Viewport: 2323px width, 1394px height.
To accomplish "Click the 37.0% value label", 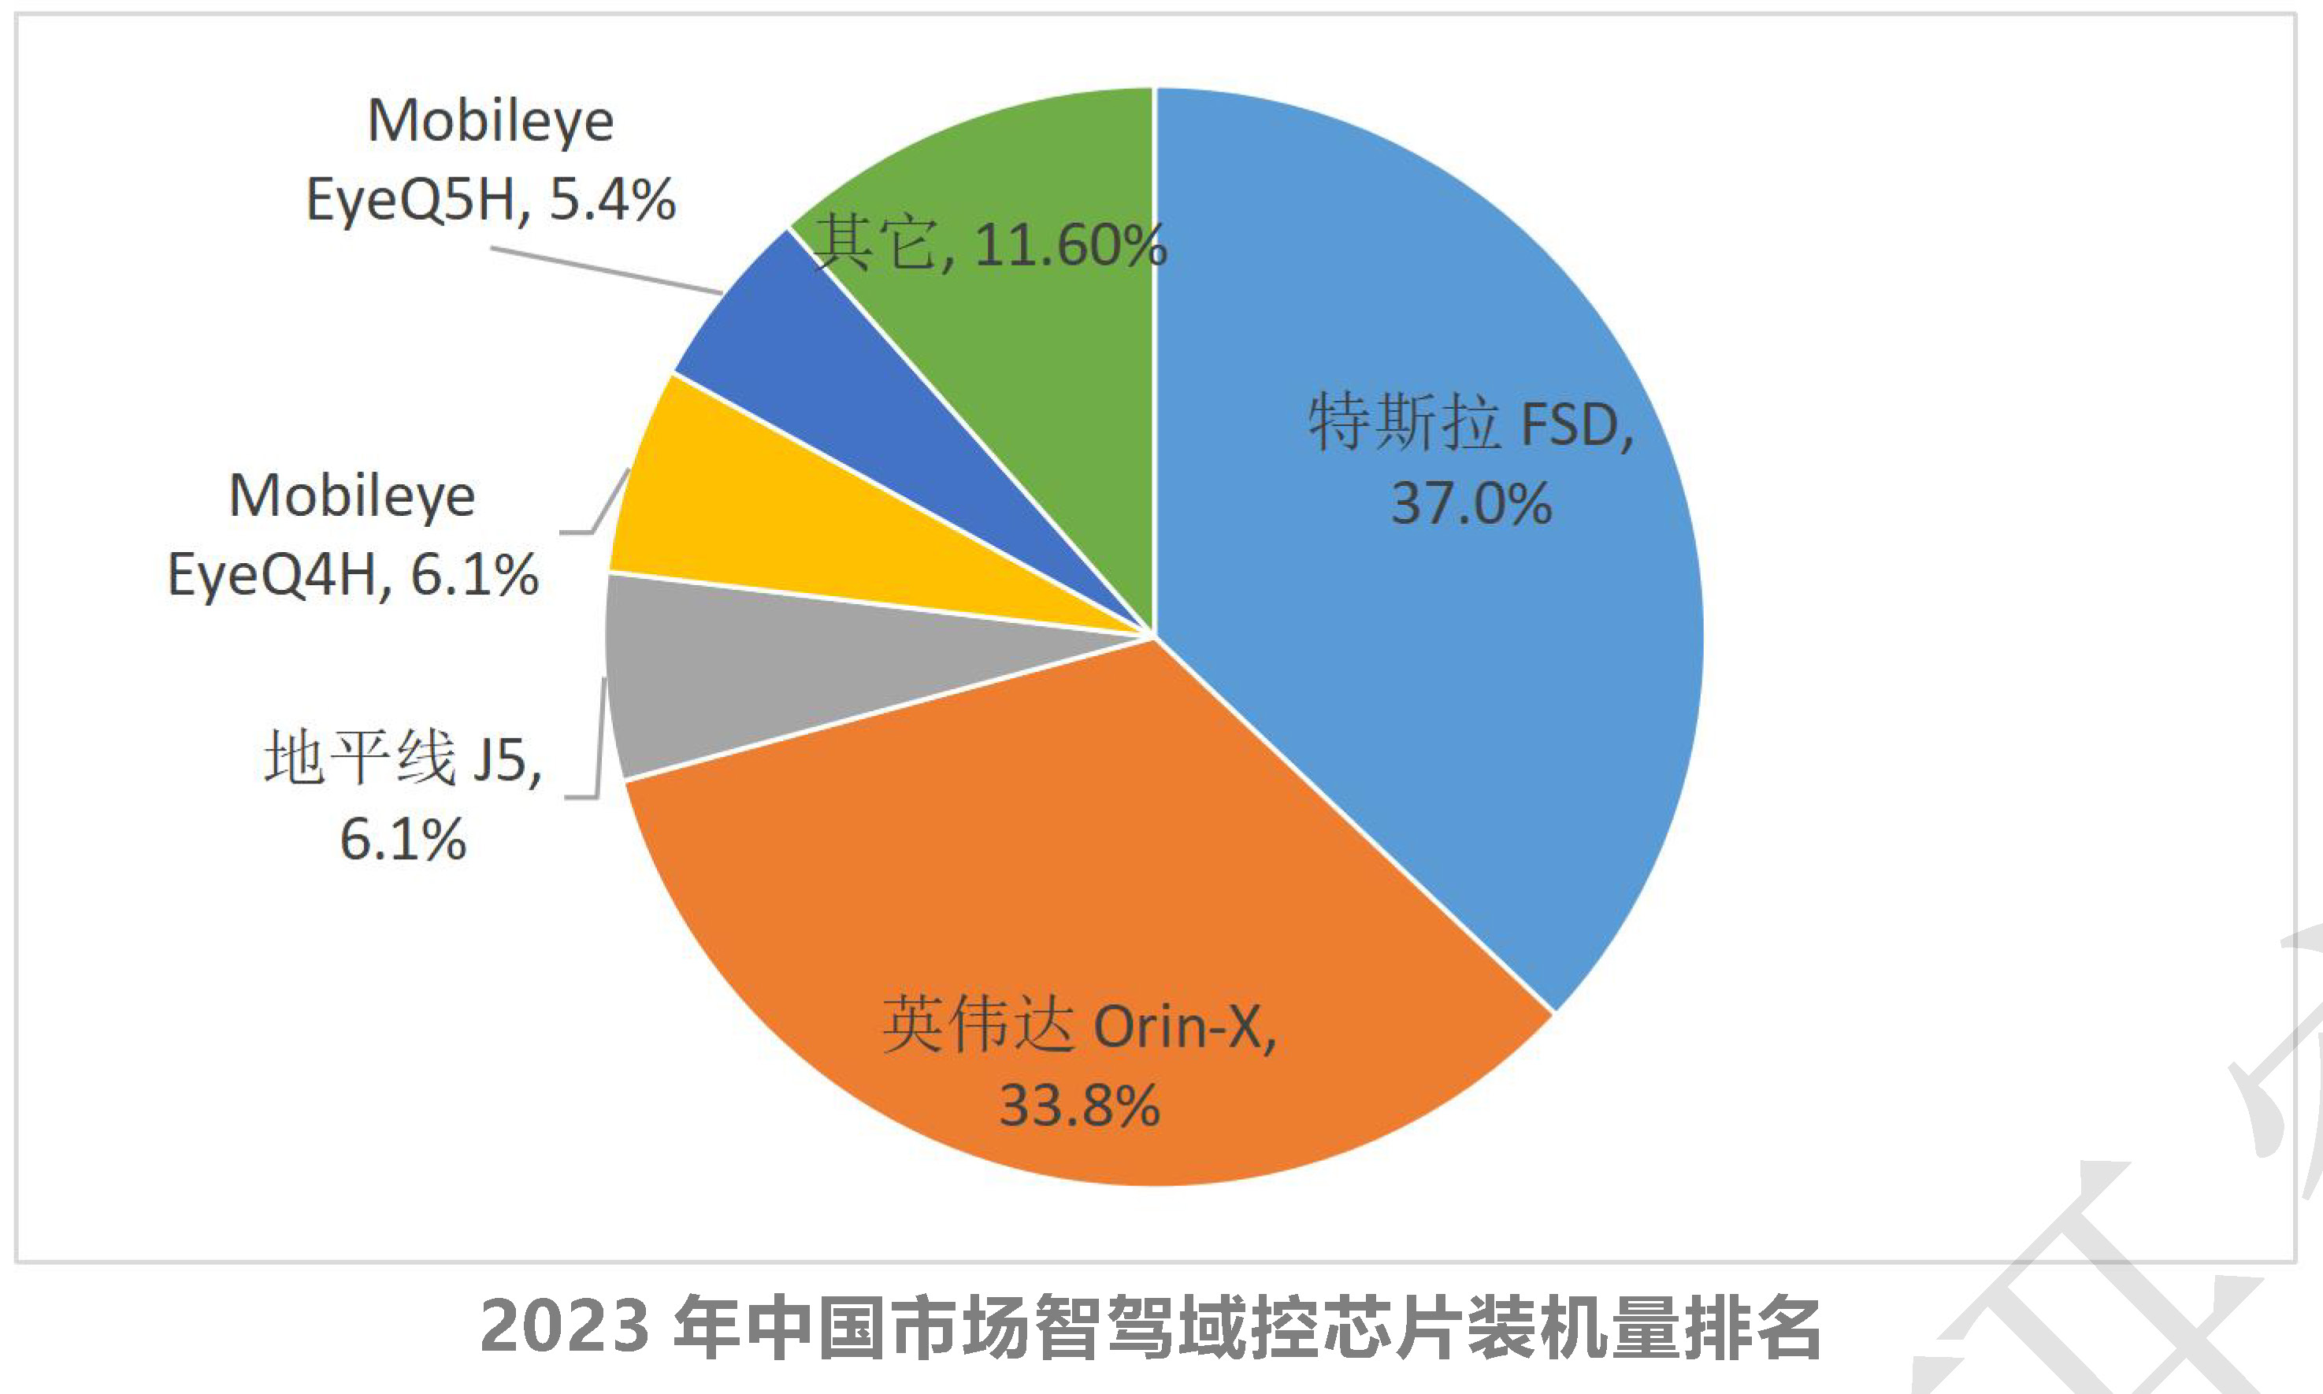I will [x=1471, y=504].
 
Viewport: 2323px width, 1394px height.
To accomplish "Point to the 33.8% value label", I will [x=1079, y=1106].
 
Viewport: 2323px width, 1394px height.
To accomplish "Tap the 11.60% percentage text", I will [x=1071, y=246].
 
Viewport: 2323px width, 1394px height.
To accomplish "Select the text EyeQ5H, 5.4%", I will [x=490, y=200].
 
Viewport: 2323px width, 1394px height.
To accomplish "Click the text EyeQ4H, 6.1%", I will [x=352, y=575].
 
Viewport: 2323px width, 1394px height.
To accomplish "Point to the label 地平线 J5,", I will [x=404, y=758].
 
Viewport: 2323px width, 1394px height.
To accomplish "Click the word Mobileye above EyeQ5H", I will [x=490, y=121].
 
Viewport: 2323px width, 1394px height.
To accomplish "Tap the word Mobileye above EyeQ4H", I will [x=352, y=496].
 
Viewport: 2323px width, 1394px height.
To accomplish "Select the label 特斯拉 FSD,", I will [x=1471, y=425].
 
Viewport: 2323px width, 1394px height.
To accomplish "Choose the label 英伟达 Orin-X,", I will [x=1079, y=1025].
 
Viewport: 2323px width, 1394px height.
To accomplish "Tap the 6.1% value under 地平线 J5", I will [x=403, y=839].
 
